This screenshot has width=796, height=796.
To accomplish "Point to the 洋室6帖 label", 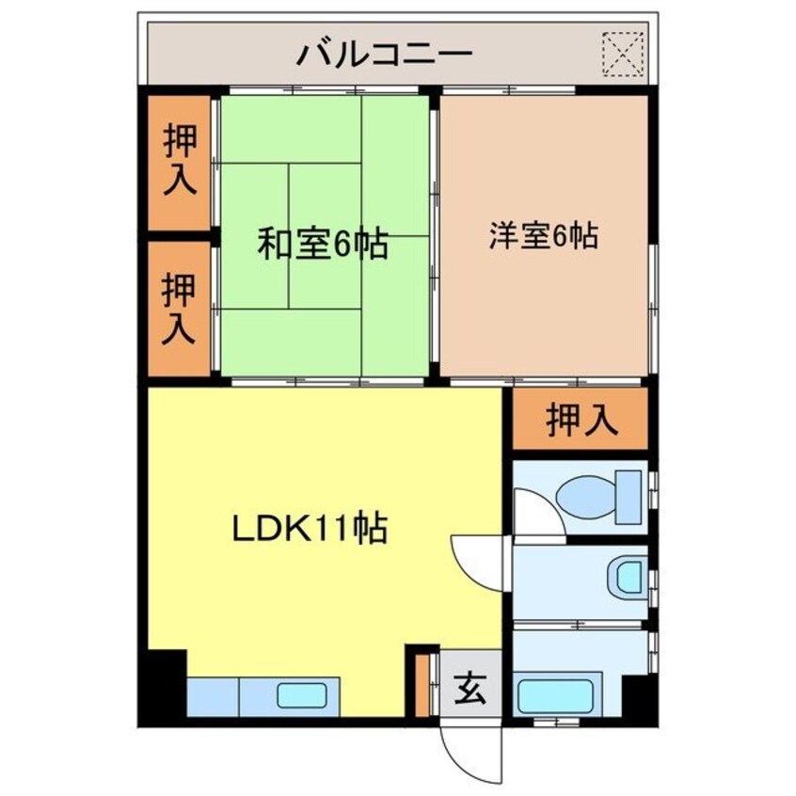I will click(543, 235).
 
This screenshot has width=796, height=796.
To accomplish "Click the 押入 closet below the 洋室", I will click(582, 421).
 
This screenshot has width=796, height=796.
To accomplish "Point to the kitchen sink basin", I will click(301, 696).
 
